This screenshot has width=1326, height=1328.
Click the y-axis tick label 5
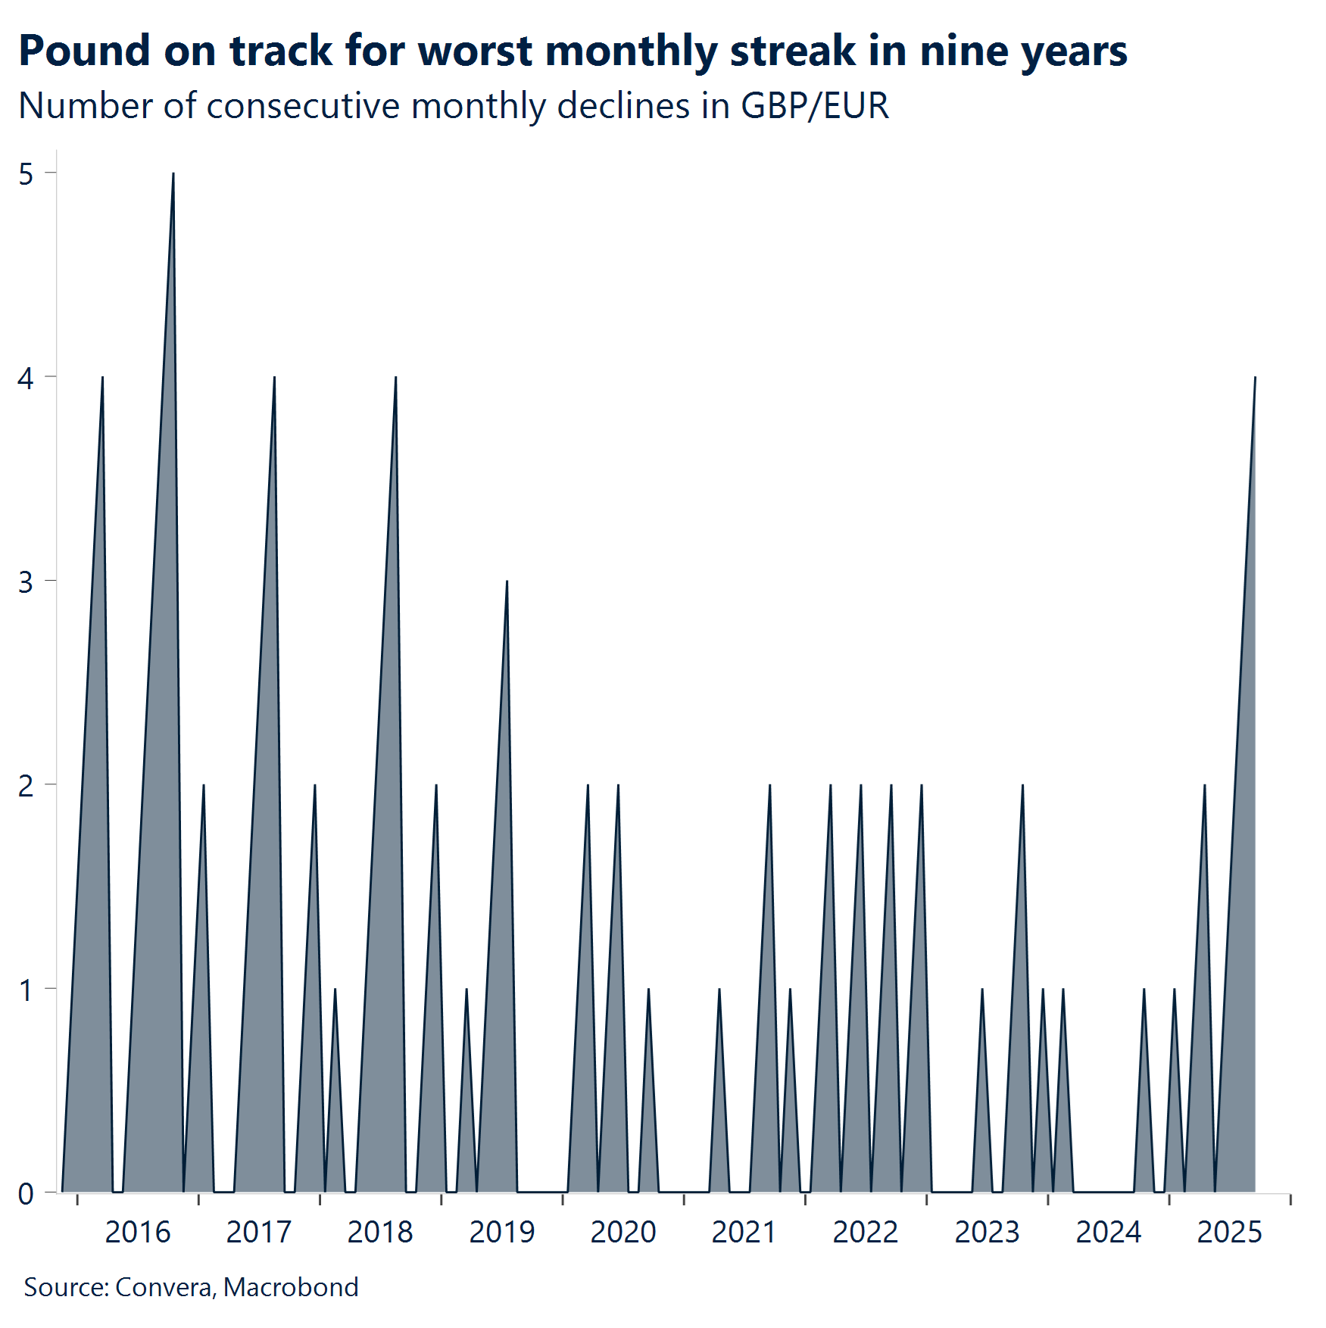pyautogui.click(x=27, y=174)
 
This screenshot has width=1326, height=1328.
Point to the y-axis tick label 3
pyautogui.click(x=27, y=582)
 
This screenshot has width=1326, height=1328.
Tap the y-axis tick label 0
pyautogui.click(x=27, y=1194)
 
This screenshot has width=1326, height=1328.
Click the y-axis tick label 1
pyautogui.click(x=27, y=990)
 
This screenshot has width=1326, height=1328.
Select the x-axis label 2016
pyautogui.click(x=137, y=1233)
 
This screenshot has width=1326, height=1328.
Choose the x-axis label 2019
pyautogui.click(x=501, y=1233)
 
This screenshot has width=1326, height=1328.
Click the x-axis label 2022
pyautogui.click(x=865, y=1233)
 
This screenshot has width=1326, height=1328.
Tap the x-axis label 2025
pyautogui.click(x=1229, y=1233)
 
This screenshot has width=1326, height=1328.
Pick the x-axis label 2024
pyautogui.click(x=1108, y=1233)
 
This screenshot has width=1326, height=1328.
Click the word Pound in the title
pyautogui.click(x=84, y=51)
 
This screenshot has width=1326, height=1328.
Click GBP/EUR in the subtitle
pyautogui.click(x=814, y=106)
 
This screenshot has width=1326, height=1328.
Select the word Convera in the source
pyautogui.click(x=164, y=1287)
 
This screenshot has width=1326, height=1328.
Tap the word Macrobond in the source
pyautogui.click(x=291, y=1287)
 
